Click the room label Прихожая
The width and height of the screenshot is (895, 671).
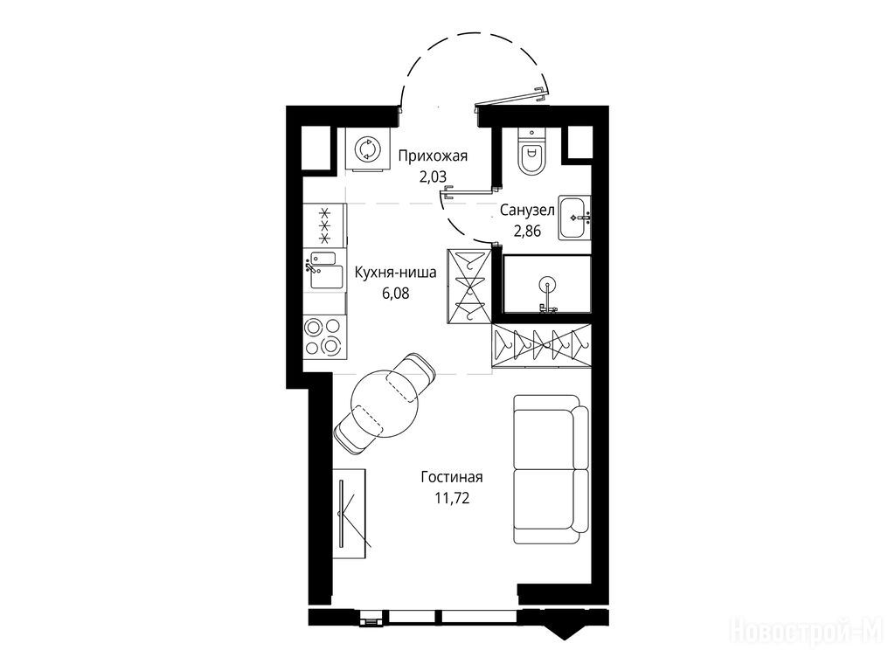433,156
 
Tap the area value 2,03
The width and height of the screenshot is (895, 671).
433,176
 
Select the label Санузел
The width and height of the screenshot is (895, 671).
527,210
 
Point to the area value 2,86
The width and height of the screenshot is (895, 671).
527,231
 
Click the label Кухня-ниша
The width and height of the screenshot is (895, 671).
396,273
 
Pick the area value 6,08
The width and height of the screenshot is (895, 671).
396,294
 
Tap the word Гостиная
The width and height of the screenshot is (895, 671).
452,476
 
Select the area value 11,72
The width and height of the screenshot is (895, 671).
452,498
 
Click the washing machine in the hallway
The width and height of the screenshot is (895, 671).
366,149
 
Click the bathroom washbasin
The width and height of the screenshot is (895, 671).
574,218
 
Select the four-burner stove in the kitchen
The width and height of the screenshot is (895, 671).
323,337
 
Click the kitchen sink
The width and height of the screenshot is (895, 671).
323,271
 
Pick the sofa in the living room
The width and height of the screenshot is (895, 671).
551,469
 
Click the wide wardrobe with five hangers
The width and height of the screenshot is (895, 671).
540,345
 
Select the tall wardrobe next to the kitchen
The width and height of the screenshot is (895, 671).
468,286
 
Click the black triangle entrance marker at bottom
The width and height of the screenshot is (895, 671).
562,632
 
